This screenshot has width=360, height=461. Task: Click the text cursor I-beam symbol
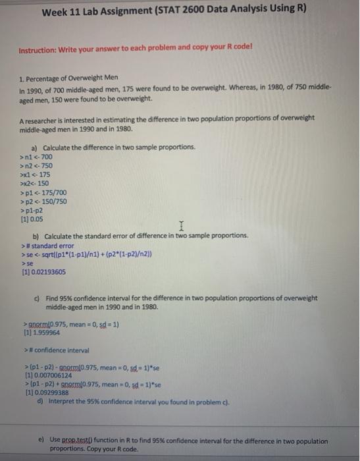click(x=179, y=227)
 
